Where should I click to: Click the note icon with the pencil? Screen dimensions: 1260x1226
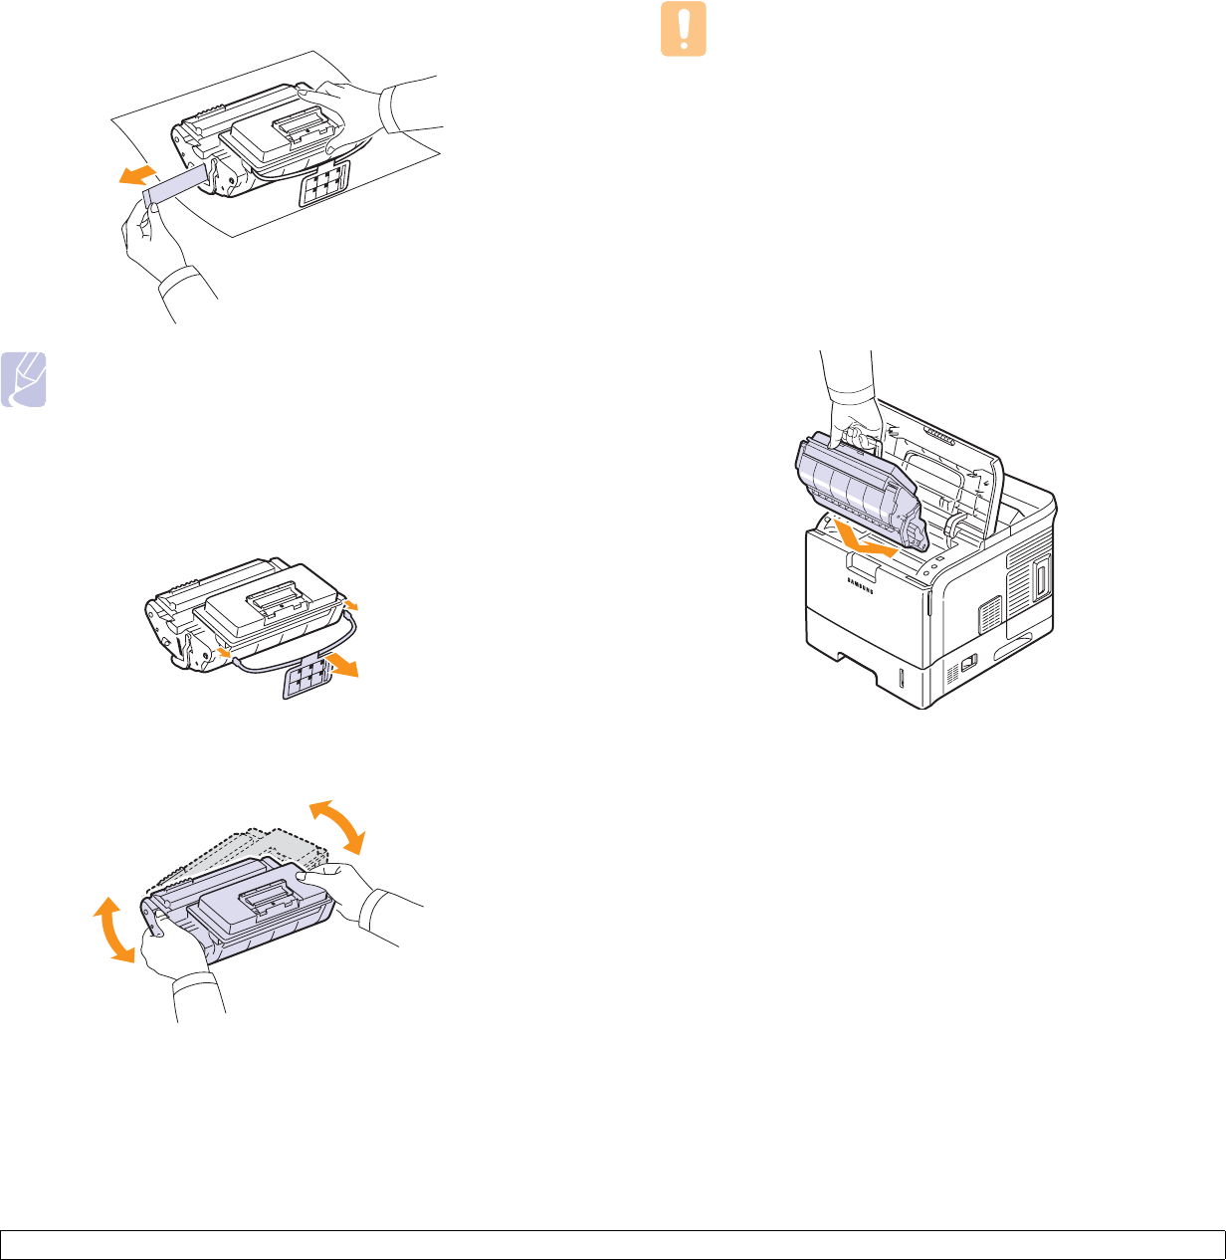coord(24,379)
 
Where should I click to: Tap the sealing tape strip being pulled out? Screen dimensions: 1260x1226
coord(177,185)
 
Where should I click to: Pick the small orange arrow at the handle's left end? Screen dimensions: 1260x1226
coord(225,652)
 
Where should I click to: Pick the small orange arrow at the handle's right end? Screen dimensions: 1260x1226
coord(351,603)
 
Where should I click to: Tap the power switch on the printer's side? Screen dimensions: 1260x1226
coord(967,661)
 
